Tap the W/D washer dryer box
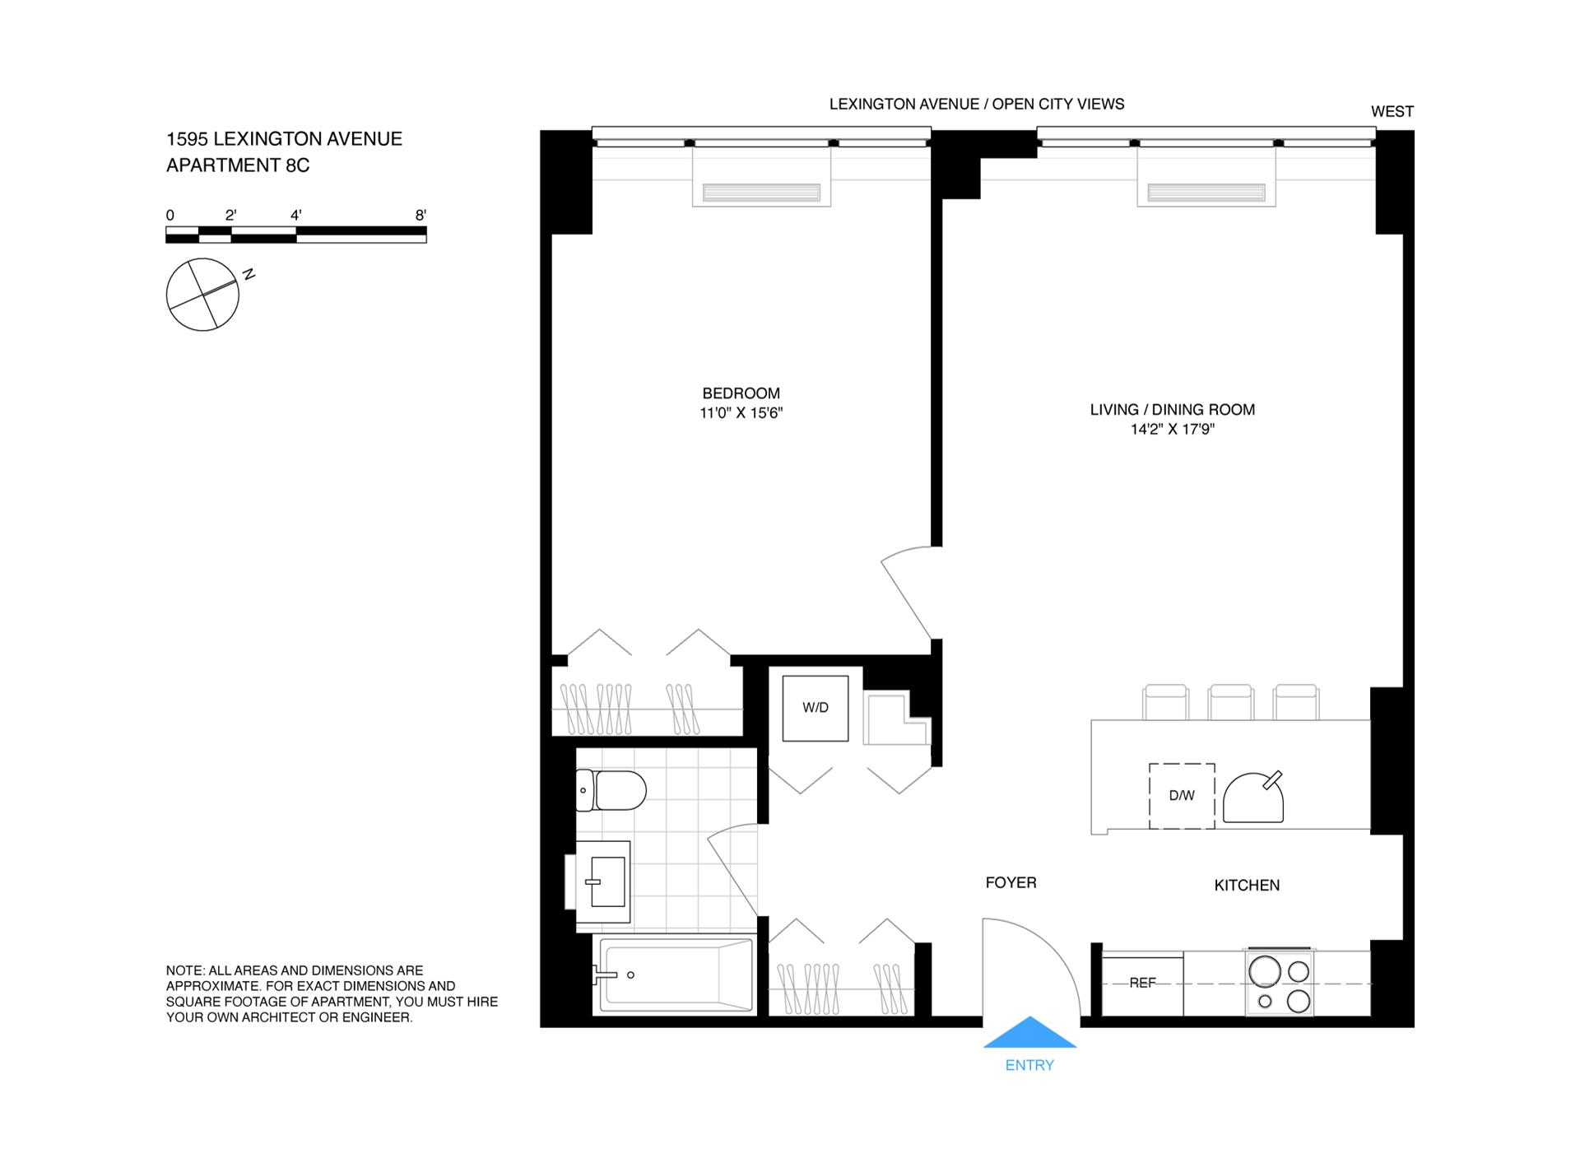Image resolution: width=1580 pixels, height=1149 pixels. point(815,708)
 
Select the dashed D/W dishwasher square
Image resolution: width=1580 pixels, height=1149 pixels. point(1182,796)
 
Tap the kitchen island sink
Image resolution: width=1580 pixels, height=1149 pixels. point(1252,797)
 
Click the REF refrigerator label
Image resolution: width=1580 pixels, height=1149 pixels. point(1142,983)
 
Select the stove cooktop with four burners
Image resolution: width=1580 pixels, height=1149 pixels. point(1279,983)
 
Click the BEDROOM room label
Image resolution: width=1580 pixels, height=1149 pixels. point(741,393)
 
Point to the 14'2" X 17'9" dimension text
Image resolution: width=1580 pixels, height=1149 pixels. point(1172,429)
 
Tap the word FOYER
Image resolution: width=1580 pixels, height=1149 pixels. point(1011,882)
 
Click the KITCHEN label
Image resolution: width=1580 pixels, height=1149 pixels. point(1247,885)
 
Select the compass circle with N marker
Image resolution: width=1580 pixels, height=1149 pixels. point(202,294)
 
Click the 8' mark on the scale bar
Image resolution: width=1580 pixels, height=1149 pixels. point(421,215)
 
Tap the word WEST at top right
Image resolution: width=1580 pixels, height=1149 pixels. point(1392,111)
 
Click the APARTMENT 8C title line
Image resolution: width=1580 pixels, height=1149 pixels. point(238,165)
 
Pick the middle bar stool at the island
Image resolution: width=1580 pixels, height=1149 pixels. point(1230,702)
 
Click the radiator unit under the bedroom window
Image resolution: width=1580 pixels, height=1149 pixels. point(761,193)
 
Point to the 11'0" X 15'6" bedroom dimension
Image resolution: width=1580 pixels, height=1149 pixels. point(741,413)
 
